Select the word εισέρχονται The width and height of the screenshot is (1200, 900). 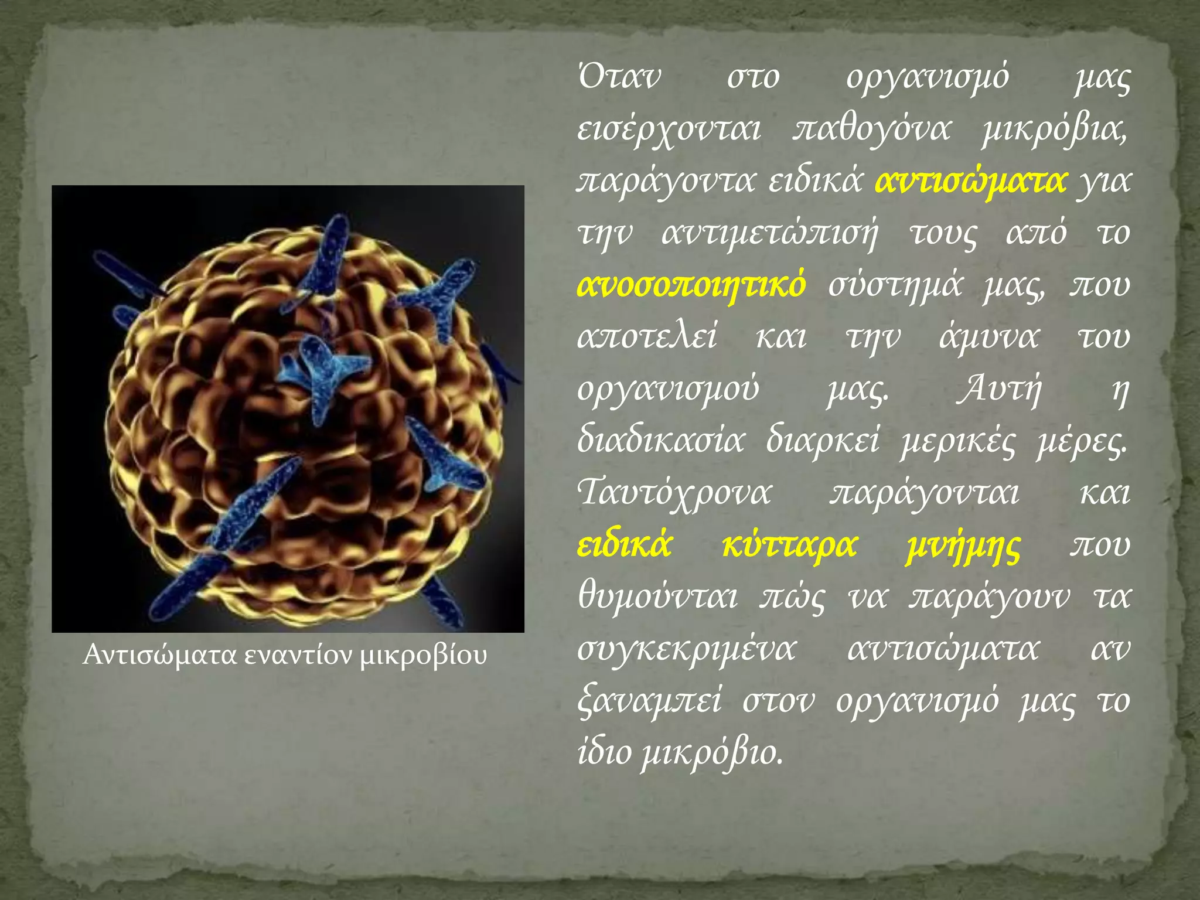pos(669,130)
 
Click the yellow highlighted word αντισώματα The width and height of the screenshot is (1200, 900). pos(970,181)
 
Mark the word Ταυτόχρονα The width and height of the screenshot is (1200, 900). pos(674,493)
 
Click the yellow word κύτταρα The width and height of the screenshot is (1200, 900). pos(789,545)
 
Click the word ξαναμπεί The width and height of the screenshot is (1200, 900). pos(649,701)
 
